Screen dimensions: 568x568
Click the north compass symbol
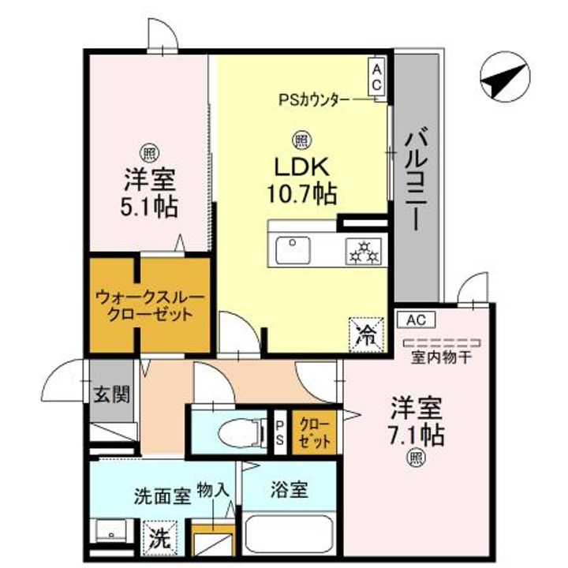pyautogui.click(x=505, y=77)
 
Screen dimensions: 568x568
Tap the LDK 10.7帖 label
pyautogui.click(x=302, y=181)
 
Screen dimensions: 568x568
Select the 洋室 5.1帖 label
pyautogui.click(x=149, y=193)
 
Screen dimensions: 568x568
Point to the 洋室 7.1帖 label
pyautogui.click(x=416, y=422)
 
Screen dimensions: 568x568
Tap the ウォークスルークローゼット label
pyautogui.click(x=150, y=306)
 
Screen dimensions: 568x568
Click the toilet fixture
pyautogui.click(x=241, y=432)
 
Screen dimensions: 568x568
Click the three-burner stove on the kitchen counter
pyautogui.click(x=364, y=252)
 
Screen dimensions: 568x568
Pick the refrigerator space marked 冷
pyautogui.click(x=366, y=334)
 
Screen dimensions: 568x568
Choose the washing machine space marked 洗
pyautogui.click(x=160, y=538)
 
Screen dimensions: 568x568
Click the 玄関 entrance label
pyautogui.click(x=112, y=394)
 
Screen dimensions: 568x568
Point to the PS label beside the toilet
pyautogui.click(x=279, y=432)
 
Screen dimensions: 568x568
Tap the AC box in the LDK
pyautogui.click(x=376, y=77)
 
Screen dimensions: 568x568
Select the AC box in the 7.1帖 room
pyautogui.click(x=416, y=319)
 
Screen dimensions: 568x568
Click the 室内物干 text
pyautogui.click(x=441, y=358)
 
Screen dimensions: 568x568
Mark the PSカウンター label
pyautogui.click(x=314, y=99)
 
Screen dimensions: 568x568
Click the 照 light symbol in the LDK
pyautogui.click(x=301, y=140)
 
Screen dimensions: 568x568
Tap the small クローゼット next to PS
pyautogui.click(x=315, y=432)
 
